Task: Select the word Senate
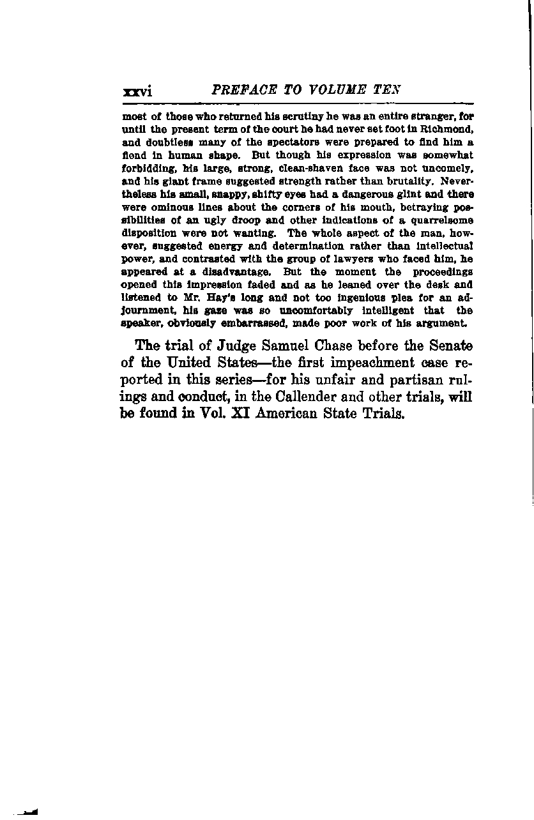(446, 347)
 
